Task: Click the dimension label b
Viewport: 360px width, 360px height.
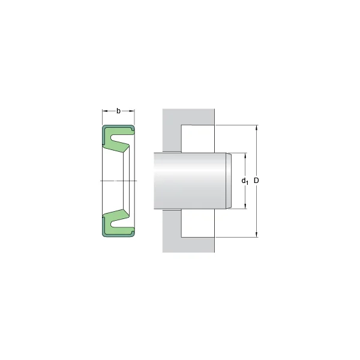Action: click(x=118, y=111)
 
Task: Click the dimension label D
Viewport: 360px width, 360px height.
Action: click(x=256, y=181)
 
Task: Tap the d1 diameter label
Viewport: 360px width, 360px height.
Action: click(x=245, y=181)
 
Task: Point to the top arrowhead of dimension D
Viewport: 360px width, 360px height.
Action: click(x=257, y=128)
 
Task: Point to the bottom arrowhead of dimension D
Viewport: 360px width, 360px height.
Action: click(x=257, y=234)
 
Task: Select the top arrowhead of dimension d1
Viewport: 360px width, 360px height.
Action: click(x=245, y=155)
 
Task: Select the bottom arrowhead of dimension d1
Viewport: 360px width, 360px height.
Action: click(x=245, y=206)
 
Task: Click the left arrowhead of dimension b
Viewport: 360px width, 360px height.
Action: click(x=105, y=111)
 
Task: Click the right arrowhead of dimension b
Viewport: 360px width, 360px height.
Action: click(x=132, y=111)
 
